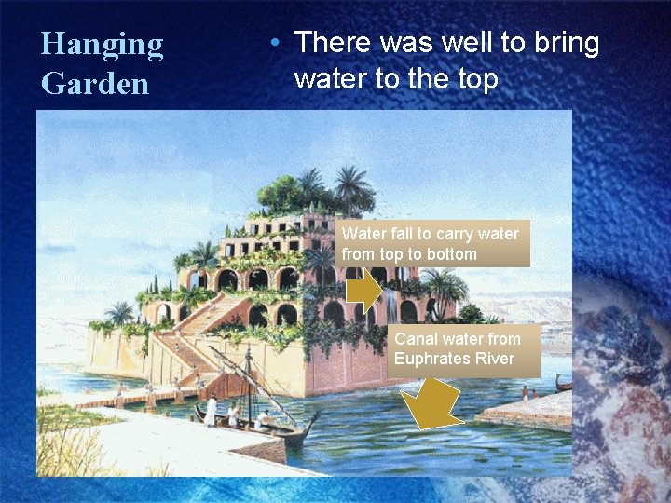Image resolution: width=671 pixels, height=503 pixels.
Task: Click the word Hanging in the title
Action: [102, 44]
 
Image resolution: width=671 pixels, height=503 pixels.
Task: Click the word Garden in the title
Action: [95, 84]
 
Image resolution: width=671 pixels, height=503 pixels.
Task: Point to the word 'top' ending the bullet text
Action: [475, 80]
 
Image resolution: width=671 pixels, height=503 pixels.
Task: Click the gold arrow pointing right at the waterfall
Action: [365, 292]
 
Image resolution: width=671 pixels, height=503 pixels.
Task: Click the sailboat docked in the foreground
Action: [252, 424]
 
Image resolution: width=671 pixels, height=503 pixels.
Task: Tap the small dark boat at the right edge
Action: [563, 383]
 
